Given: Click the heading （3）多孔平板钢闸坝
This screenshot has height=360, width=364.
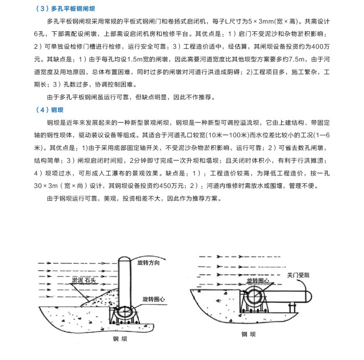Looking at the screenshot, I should click(x=68, y=9).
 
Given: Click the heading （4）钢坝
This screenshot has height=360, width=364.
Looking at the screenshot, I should click(x=50, y=110).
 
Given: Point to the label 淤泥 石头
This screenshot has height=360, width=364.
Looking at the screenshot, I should click(x=84, y=280).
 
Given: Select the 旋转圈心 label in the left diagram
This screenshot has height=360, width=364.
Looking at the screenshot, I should click(x=153, y=300).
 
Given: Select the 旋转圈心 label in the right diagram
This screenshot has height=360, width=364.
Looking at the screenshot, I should click(x=258, y=280).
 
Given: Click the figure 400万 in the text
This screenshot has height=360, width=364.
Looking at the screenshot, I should click(x=318, y=46).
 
